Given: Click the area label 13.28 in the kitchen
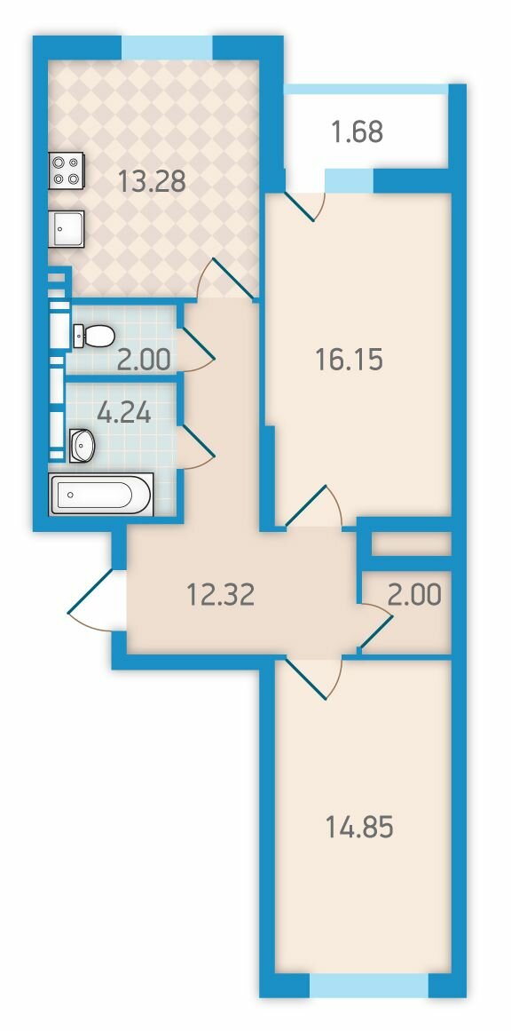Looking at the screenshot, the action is [152, 180].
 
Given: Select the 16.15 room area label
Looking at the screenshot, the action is [349, 360].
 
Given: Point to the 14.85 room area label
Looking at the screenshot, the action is [359, 827].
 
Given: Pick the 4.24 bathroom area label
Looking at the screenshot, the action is [124, 413].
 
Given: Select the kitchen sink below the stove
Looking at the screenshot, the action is [67, 229].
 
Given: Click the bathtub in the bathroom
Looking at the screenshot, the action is [100, 494].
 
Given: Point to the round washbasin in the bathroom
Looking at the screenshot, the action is [83, 445].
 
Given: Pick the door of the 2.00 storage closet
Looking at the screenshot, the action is [375, 628].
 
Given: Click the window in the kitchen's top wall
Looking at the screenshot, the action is [167, 47].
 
